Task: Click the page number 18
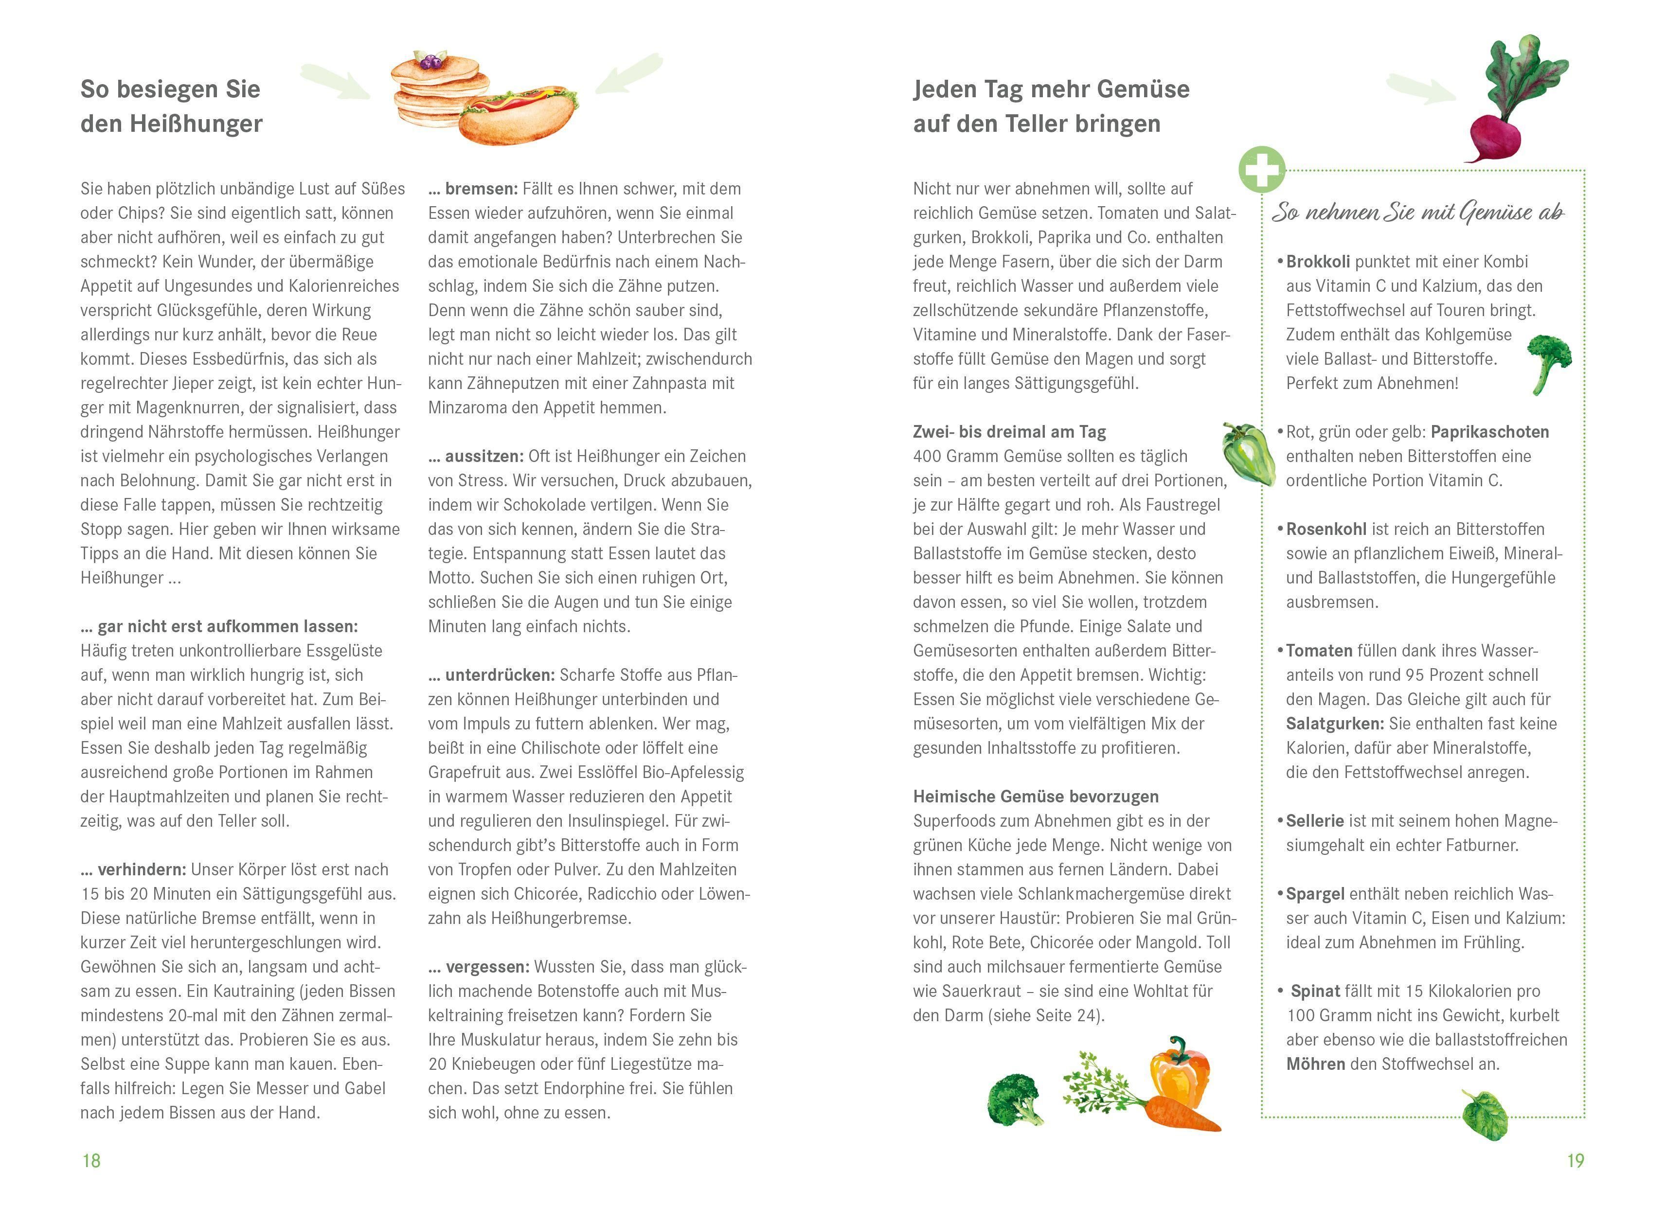[91, 1160]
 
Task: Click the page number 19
[1575, 1160]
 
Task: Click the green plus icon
[1261, 169]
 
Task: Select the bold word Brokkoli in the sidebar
[1318, 262]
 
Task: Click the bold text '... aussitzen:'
[475, 456]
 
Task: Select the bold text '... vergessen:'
[478, 967]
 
